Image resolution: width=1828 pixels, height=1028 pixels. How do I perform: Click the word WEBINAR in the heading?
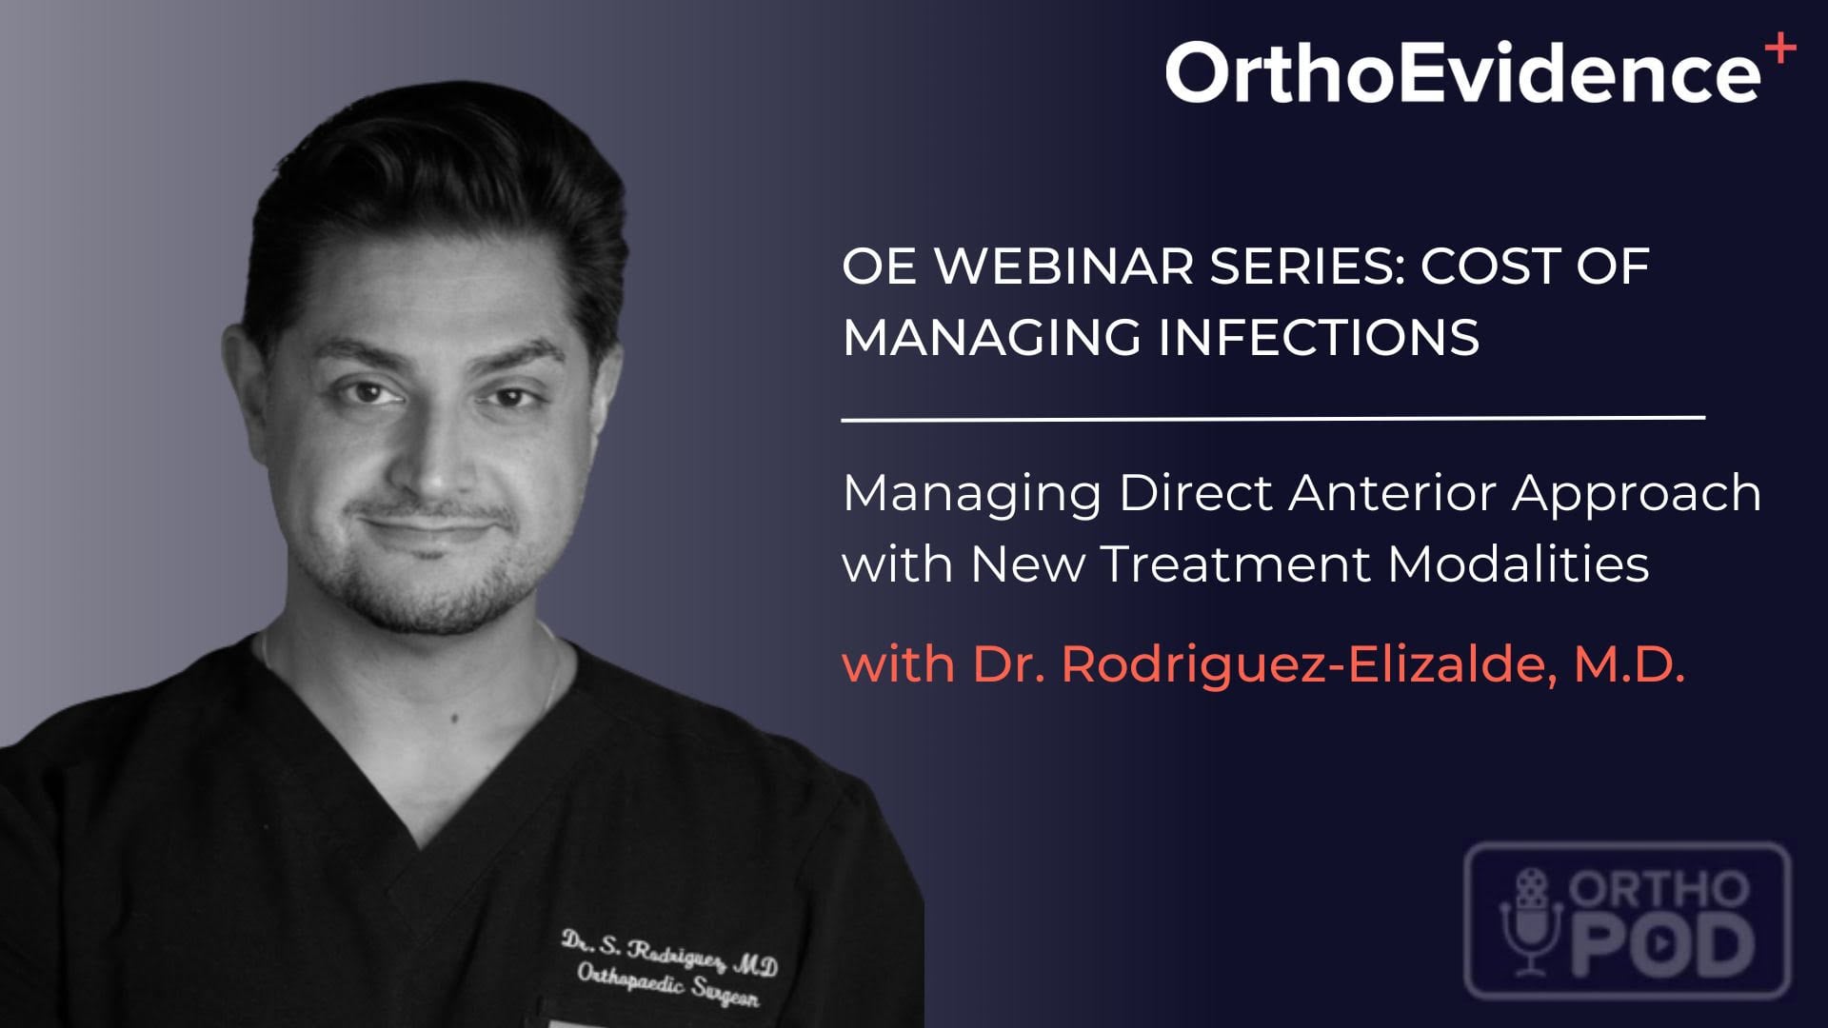pos(1063,266)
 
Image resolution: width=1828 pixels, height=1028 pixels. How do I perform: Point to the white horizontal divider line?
pos(1273,418)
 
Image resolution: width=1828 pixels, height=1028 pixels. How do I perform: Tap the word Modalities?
pos(1519,563)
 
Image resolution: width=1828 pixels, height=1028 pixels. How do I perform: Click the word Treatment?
pos(1237,564)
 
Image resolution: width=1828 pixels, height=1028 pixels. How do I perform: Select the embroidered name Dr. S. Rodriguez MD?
pos(668,952)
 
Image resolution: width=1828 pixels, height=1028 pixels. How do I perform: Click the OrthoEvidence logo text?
pos(1462,71)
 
